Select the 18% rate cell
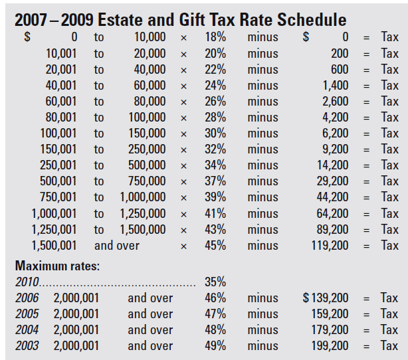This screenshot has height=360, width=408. point(215,37)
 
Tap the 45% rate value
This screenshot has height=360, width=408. point(215,245)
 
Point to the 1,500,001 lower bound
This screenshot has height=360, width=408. point(54,245)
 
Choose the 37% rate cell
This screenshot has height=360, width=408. point(215,181)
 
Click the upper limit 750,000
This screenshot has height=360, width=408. point(147,181)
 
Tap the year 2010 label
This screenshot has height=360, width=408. point(27,282)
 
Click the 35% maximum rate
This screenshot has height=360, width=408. point(215,282)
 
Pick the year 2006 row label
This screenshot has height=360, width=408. point(27,298)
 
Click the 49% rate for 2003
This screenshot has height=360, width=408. point(215,346)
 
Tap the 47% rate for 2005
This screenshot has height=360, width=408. point(215,314)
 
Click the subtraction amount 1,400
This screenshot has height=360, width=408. point(336,85)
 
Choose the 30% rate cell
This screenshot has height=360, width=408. point(215,133)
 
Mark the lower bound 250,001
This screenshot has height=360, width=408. point(58,165)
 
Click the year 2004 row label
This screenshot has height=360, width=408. point(27,330)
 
